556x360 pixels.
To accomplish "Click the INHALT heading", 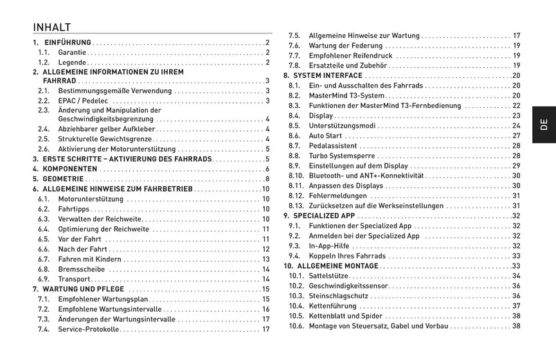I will (52, 28).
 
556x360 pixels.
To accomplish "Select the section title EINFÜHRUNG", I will (67, 42).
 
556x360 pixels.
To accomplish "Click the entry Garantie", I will (71, 53).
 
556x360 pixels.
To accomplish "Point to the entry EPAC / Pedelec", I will (83, 101).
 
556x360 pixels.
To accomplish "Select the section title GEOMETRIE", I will (63, 179).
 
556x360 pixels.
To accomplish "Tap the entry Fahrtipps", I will (74, 209).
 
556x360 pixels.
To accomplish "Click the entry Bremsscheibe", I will (81, 269).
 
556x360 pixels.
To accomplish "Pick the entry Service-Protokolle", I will (89, 330).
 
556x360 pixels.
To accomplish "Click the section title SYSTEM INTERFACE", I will (328, 76).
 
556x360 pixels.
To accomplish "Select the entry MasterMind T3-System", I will (346, 96).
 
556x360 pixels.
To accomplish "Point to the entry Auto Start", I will (325, 136).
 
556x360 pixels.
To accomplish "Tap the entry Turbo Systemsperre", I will (342, 156).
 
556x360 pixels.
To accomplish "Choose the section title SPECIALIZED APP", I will (324, 216).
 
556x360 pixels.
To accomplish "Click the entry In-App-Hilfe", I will (329, 246).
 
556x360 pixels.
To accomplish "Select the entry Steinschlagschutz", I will (338, 296).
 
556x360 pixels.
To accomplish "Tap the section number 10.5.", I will (296, 316).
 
